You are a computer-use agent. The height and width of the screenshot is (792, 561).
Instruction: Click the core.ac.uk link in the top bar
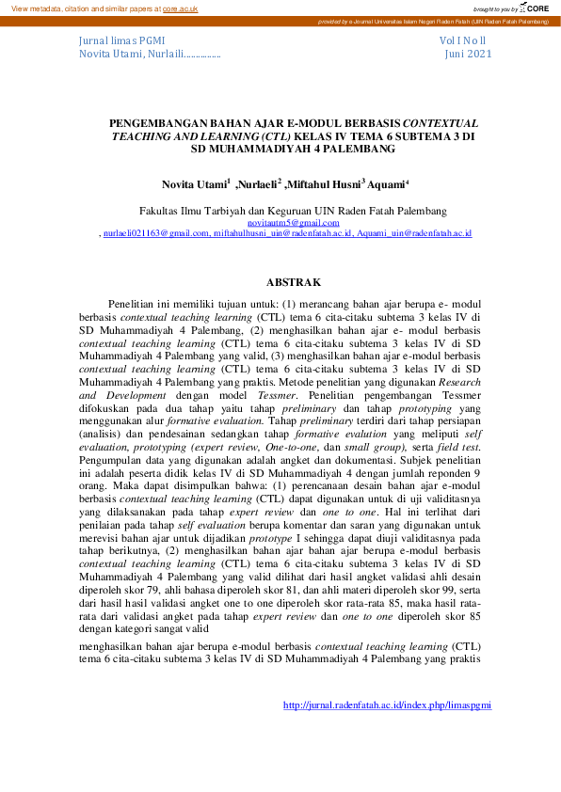(x=179, y=8)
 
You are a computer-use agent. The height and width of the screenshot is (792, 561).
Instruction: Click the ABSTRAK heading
(x=294, y=282)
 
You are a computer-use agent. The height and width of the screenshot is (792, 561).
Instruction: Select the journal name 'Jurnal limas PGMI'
(x=122, y=41)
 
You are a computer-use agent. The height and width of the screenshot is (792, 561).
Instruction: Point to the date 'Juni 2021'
(x=468, y=55)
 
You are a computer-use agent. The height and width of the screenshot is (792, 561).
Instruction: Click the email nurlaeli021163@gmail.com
(x=156, y=232)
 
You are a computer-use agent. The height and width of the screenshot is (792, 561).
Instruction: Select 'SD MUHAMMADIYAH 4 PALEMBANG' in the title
(x=294, y=148)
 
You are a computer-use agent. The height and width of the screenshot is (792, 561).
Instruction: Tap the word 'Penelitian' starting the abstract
(x=136, y=306)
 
